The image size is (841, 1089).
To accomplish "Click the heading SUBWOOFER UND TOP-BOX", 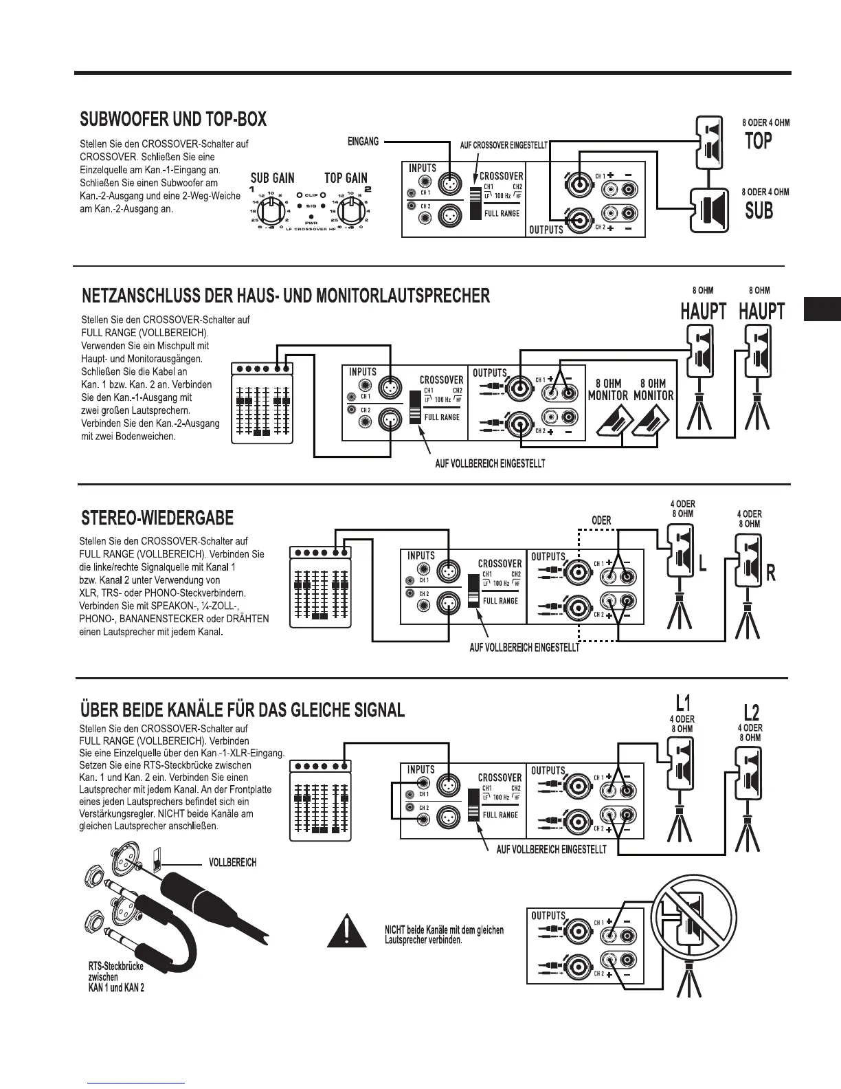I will pos(173,120).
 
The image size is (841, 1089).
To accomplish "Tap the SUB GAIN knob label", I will pos(272,178).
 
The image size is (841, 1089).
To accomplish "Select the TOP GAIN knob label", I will pos(346,178).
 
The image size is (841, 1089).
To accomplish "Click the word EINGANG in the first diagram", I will pos(363,142).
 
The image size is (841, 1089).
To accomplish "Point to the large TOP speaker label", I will pos(759,142).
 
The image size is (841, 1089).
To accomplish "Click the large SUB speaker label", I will pos(759,210).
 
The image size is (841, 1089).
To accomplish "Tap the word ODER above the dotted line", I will pos(601,520).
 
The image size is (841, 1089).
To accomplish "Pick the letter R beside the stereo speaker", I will pos(770,573).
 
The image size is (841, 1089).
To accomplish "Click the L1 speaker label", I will pos(682,703).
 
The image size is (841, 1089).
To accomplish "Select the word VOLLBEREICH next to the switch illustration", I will pos(232,862).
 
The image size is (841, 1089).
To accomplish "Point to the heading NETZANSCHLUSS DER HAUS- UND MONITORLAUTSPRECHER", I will pos(286,296).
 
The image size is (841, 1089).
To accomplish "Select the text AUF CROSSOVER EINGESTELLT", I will pos(504,146).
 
